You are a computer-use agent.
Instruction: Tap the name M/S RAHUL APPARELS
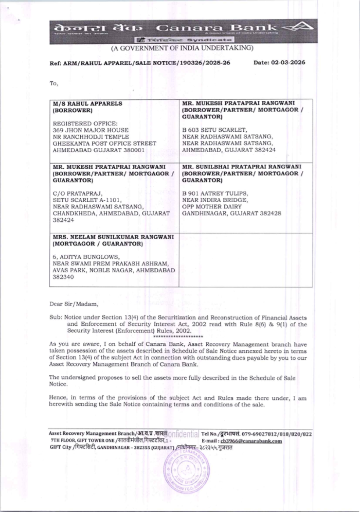(x=87, y=104)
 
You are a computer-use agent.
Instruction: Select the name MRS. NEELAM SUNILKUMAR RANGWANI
(x=113, y=237)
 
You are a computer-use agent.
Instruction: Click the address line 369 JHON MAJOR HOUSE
(x=90, y=130)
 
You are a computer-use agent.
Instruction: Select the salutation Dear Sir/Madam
(x=73, y=304)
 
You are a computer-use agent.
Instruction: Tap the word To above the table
(x=54, y=83)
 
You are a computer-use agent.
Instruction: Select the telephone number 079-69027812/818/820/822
(x=277, y=434)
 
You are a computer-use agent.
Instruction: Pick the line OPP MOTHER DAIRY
(x=212, y=207)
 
